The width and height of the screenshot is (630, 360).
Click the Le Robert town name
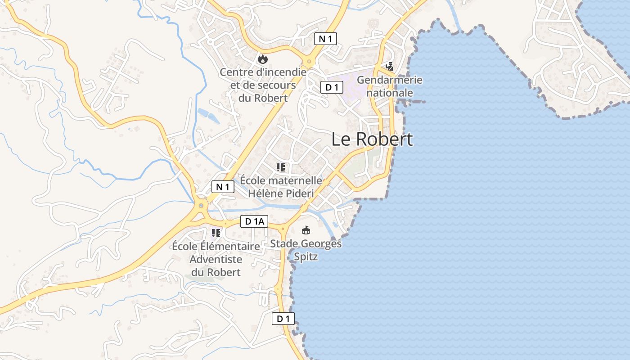pos(372,139)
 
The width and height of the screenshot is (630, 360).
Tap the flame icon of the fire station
pos(263,58)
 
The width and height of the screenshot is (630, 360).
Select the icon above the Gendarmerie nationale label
pos(389,67)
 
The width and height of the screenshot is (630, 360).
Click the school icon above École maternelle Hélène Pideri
pos(281,167)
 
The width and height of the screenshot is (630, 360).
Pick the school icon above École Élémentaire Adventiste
pos(216,233)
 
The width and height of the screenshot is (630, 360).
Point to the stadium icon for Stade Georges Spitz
pos(306,230)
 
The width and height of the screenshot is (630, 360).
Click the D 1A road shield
pos(254,221)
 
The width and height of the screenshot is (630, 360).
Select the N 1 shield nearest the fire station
pos(325,39)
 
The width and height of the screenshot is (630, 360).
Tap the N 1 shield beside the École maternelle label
pos(223,187)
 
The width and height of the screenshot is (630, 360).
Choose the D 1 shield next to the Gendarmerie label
pos(332,87)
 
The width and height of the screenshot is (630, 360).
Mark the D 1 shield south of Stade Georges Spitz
pos(283,319)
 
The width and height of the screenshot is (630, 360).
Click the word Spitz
pos(306,257)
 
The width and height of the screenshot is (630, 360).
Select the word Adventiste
pos(216,259)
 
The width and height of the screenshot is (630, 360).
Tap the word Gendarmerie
pos(390,80)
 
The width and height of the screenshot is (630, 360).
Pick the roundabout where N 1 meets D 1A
pos(201,206)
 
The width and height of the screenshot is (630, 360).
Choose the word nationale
pos(390,93)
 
